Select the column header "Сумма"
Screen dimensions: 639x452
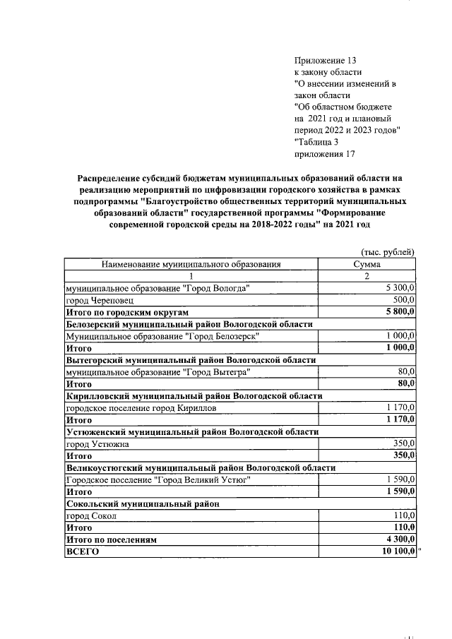click(x=367, y=264)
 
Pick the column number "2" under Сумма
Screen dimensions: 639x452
click(x=367, y=276)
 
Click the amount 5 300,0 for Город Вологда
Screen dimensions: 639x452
click(x=400, y=288)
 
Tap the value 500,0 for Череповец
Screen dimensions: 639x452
click(x=404, y=300)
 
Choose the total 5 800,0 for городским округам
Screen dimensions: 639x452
click(x=400, y=311)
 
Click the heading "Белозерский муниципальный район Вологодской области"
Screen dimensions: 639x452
click(x=189, y=324)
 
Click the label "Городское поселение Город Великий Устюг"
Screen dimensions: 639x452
click(x=157, y=479)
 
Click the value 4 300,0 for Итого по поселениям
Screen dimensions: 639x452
click(x=400, y=539)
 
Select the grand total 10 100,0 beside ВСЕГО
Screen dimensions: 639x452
click(x=398, y=551)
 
